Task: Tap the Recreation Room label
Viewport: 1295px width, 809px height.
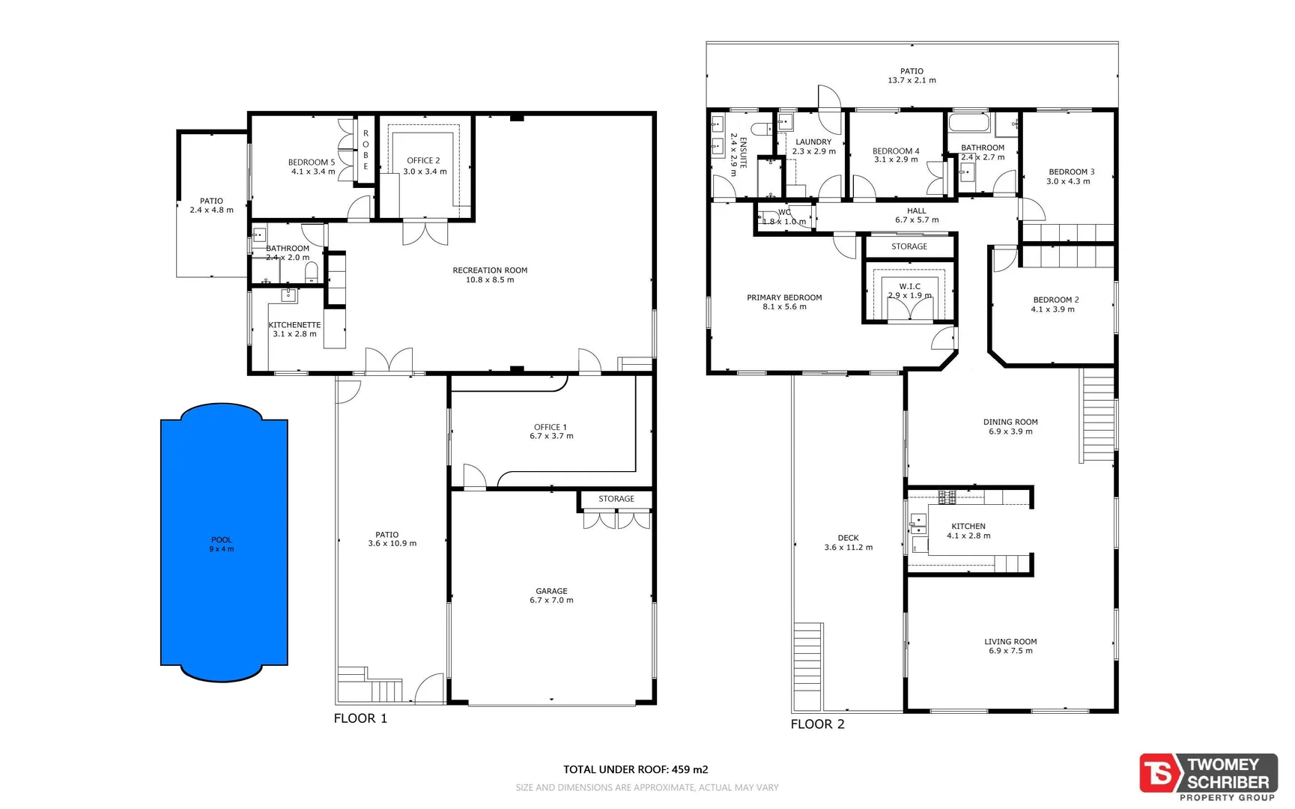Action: coord(490,270)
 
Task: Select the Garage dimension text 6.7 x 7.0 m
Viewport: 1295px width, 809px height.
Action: coord(551,600)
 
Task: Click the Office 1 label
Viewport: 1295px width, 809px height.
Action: coord(551,427)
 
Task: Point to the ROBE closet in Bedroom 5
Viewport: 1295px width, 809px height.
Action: coord(366,150)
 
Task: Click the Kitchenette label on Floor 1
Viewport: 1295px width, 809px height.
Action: coord(294,325)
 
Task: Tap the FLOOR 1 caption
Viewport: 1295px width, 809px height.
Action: coord(360,718)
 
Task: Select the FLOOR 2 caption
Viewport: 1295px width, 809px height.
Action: coord(817,724)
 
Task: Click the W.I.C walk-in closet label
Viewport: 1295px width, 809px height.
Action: coord(910,286)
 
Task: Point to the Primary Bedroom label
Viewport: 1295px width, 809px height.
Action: coord(784,297)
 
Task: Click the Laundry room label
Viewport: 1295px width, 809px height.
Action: coord(813,142)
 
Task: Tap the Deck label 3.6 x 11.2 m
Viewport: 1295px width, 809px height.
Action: coord(848,542)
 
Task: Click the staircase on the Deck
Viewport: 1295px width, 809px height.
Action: coord(807,667)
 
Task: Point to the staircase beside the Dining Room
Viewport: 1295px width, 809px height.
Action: coord(1098,416)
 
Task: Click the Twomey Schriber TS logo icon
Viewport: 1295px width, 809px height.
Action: coord(1159,773)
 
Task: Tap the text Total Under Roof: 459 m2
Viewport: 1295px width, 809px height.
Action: coord(635,769)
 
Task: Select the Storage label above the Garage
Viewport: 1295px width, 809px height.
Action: coord(616,499)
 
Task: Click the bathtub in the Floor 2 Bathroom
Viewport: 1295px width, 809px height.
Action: coord(969,122)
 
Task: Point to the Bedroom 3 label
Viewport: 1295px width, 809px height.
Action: coord(1071,172)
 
